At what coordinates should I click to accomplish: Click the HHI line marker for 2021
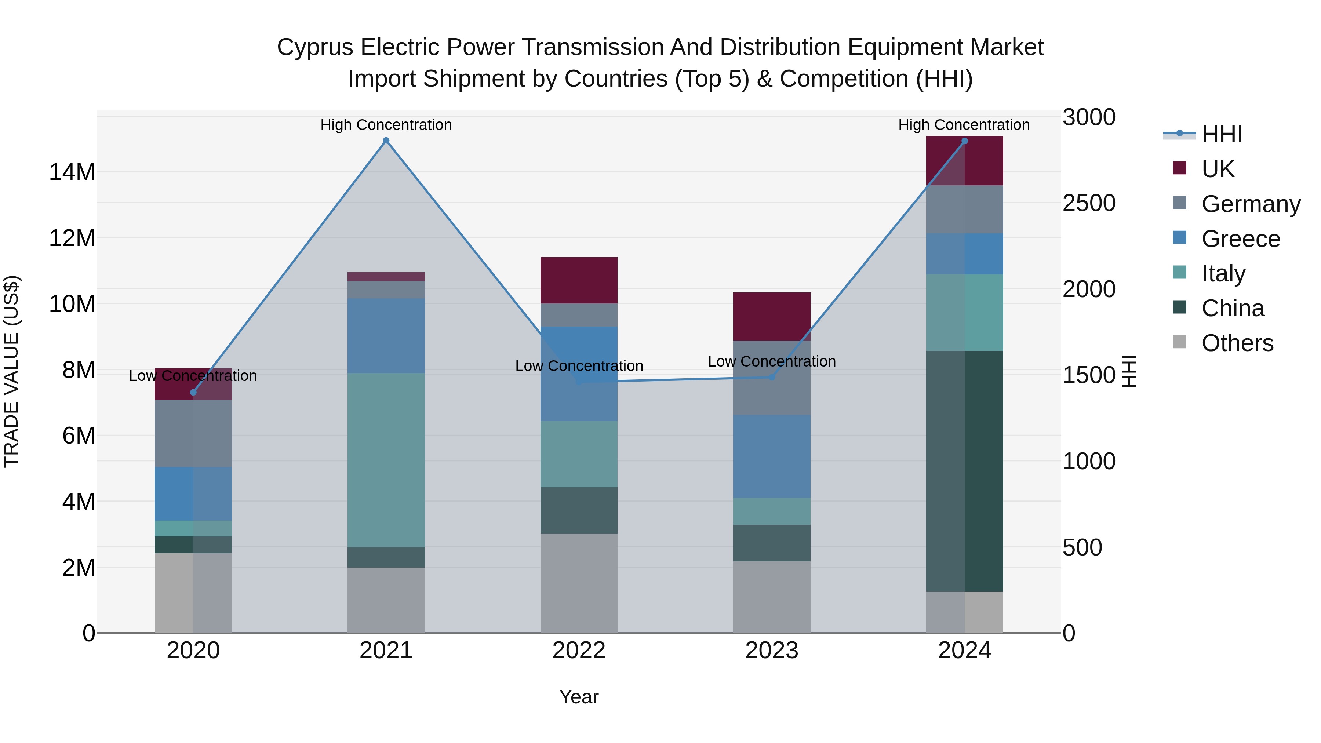pyautogui.click(x=386, y=141)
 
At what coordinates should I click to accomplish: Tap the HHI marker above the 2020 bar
pyautogui.click(x=193, y=392)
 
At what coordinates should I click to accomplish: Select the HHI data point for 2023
pyautogui.click(x=772, y=377)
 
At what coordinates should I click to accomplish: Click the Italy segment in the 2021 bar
pyautogui.click(x=386, y=460)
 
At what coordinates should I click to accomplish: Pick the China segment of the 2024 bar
pyautogui.click(x=965, y=471)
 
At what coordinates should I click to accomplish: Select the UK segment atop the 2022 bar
pyautogui.click(x=579, y=280)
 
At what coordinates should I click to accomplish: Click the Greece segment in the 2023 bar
pyautogui.click(x=772, y=456)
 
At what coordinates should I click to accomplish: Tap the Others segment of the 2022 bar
pyautogui.click(x=579, y=583)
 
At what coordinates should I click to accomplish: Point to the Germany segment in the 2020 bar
pyautogui.click(x=193, y=433)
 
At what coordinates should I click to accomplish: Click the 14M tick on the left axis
pyautogui.click(x=72, y=172)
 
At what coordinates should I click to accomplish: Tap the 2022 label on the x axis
pyautogui.click(x=579, y=651)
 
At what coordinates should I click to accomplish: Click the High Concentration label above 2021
pyautogui.click(x=386, y=125)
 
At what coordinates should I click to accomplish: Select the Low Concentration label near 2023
pyautogui.click(x=772, y=361)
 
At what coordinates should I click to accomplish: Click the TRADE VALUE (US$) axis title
pyautogui.click(x=11, y=371)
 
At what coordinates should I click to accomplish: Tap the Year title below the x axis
pyautogui.click(x=579, y=697)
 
